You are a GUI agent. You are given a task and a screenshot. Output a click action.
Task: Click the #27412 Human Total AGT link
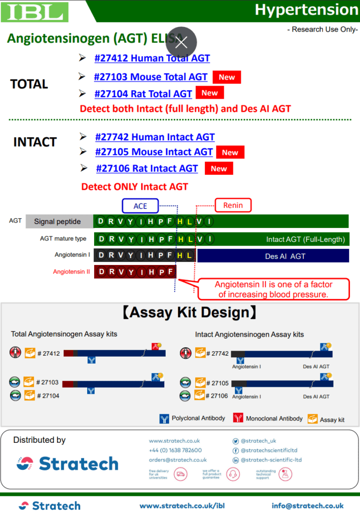click(x=152, y=58)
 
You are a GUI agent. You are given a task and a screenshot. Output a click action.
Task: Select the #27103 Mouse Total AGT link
click(x=151, y=77)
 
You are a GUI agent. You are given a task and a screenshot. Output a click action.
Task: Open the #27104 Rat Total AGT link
click(x=143, y=94)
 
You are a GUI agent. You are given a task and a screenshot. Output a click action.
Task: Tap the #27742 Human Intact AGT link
click(x=155, y=137)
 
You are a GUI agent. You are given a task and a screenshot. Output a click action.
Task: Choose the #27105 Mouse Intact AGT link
click(x=154, y=152)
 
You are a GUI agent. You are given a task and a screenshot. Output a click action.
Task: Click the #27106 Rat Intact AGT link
click(x=147, y=168)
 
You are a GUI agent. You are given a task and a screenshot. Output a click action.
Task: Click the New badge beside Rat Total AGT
click(x=209, y=93)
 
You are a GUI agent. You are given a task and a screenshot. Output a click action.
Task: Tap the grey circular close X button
click(x=181, y=42)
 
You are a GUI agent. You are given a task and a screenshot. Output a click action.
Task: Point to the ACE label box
click(x=140, y=206)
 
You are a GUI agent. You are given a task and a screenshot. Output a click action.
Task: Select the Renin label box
click(x=233, y=204)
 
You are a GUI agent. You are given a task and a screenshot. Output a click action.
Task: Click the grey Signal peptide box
click(x=59, y=221)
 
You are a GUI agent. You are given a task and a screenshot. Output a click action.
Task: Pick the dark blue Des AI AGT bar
click(x=272, y=256)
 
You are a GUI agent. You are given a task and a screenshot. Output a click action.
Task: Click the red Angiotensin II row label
click(x=72, y=272)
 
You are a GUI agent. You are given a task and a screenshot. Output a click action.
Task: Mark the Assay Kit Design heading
click(x=190, y=313)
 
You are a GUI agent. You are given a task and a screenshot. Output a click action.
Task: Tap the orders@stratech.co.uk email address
click(x=177, y=460)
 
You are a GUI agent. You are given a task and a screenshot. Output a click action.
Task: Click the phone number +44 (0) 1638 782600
click(x=175, y=450)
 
